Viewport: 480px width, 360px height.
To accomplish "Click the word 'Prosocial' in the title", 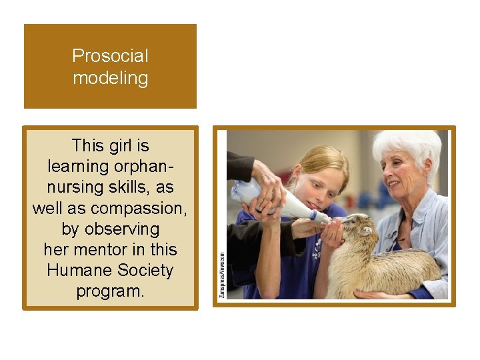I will [110, 56].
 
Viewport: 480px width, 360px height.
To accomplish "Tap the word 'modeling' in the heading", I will [110, 78].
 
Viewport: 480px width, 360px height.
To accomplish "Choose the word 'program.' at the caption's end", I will [110, 291].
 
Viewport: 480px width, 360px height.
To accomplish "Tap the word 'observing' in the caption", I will [110, 229].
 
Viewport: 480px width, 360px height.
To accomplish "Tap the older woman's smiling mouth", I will [395, 183].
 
